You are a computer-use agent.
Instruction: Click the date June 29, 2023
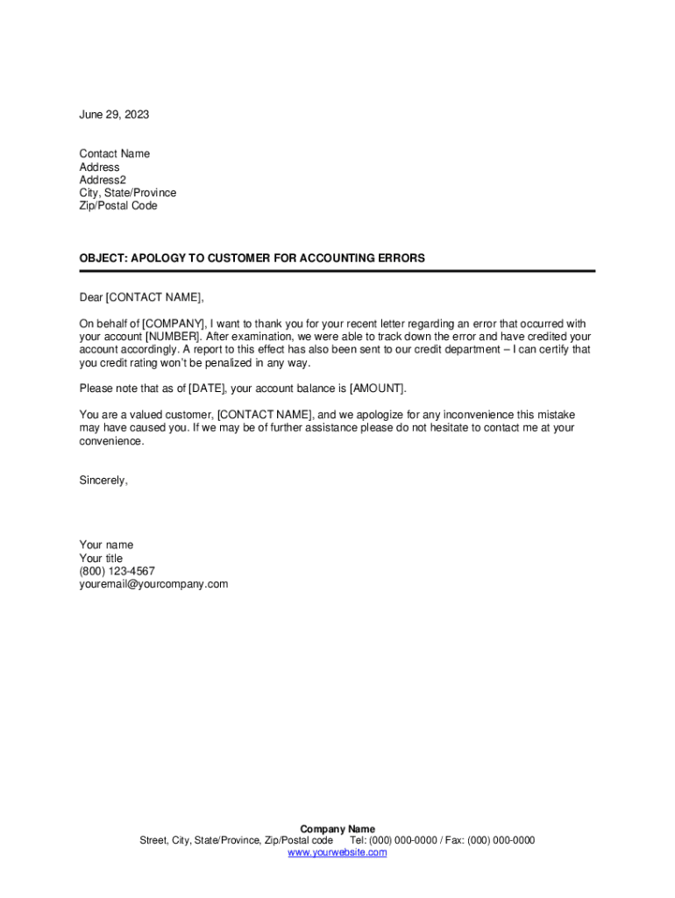point(114,115)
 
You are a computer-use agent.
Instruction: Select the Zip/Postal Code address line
point(118,206)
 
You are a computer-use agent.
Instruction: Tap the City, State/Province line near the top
point(127,193)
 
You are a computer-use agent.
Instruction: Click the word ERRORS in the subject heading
point(398,259)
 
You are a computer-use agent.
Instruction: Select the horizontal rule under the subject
point(337,271)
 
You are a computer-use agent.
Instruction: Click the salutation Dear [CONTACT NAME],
point(141,297)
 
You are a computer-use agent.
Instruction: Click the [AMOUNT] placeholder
point(377,388)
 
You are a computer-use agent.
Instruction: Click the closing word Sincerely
point(103,481)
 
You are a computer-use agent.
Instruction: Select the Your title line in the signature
point(101,559)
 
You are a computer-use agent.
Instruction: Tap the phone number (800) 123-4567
point(117,571)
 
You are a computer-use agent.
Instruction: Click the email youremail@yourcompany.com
point(153,584)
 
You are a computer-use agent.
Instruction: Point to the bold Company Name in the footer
point(337,829)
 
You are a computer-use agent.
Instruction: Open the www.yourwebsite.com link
point(337,852)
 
